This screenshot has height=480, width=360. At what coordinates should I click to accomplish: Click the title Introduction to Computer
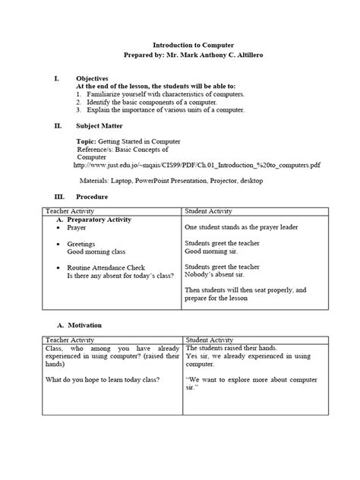179,46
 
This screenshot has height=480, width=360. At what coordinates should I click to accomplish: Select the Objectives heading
92,78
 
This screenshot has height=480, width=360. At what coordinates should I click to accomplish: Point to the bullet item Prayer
77,228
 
